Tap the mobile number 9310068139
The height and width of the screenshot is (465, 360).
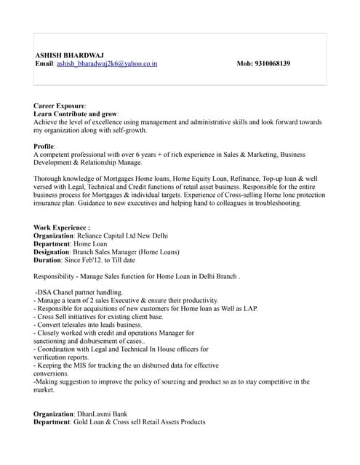273,64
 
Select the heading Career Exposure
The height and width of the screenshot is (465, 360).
59,106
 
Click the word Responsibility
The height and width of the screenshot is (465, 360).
57,276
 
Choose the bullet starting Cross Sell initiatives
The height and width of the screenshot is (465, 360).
98,317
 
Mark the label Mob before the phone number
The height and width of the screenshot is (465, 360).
245,64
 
